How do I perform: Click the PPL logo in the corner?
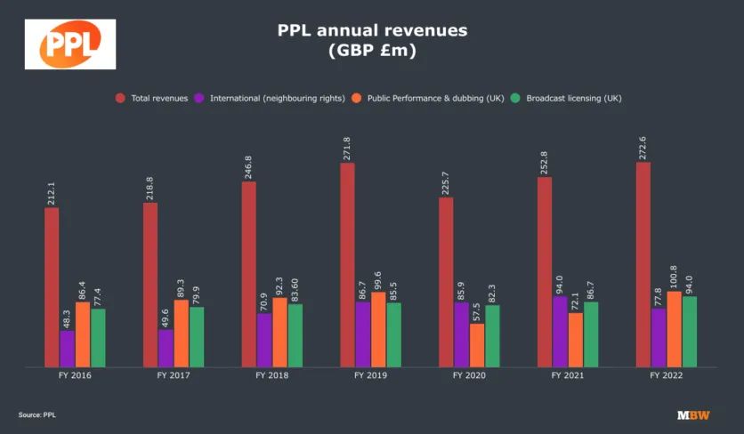tap(69, 44)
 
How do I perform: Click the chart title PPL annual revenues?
tap(372, 31)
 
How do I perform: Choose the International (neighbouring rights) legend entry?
tap(271, 98)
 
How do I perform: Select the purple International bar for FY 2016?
tap(68, 349)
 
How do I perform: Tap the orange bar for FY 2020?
tap(477, 345)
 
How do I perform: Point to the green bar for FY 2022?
tap(690, 331)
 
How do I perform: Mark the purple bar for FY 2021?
tap(560, 331)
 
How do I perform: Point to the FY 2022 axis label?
tap(667, 376)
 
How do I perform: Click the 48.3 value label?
tap(69, 317)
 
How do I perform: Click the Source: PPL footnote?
tap(36, 415)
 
